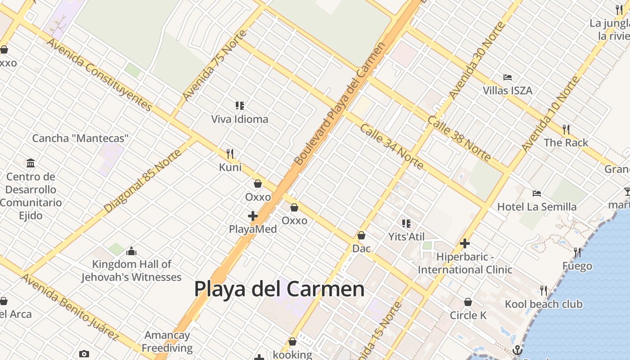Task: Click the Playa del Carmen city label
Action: point(279,289)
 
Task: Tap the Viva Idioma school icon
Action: point(240,106)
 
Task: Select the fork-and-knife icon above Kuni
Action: point(230,154)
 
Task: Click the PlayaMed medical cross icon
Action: point(253,216)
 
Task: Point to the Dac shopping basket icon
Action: point(361,235)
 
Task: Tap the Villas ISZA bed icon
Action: point(508,77)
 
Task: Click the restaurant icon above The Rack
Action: point(566,130)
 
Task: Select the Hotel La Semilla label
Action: point(536,207)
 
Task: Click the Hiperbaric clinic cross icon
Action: point(465,244)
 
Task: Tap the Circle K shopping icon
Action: point(468,302)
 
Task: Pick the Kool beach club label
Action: point(544,304)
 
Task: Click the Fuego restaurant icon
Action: point(577,252)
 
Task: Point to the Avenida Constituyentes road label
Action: point(99,75)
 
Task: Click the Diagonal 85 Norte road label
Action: point(143,181)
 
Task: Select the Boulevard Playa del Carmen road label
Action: point(340,103)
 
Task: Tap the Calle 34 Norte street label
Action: point(391,147)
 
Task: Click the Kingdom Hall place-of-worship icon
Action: point(131,251)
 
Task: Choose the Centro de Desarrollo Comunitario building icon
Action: point(31,163)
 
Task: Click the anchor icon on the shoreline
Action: point(517,350)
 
